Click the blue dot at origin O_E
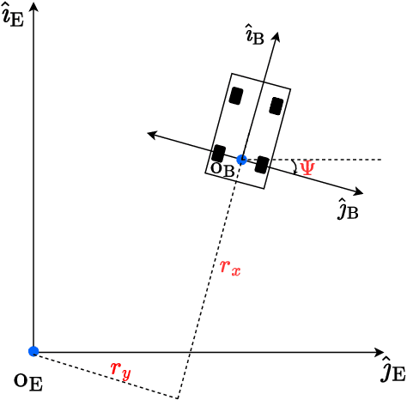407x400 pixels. pos(33,351)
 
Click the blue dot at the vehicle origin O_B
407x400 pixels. pos(241,160)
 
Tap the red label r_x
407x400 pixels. pos(230,268)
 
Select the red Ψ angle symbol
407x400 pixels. pos(307,167)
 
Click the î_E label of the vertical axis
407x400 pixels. pos(12,15)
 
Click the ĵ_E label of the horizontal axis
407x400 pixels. pos(392,371)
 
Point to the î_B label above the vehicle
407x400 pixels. pos(255,36)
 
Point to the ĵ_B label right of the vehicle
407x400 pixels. pos(347,209)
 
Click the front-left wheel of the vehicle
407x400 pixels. pos(236,95)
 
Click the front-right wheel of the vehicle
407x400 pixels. pos(276,106)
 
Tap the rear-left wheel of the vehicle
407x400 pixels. pos(219,153)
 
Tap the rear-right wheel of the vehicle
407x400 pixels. pos(262,164)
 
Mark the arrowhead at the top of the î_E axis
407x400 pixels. pos(33,7)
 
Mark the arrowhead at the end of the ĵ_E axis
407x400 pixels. pos(380,351)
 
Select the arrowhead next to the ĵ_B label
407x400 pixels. pos(359,191)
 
